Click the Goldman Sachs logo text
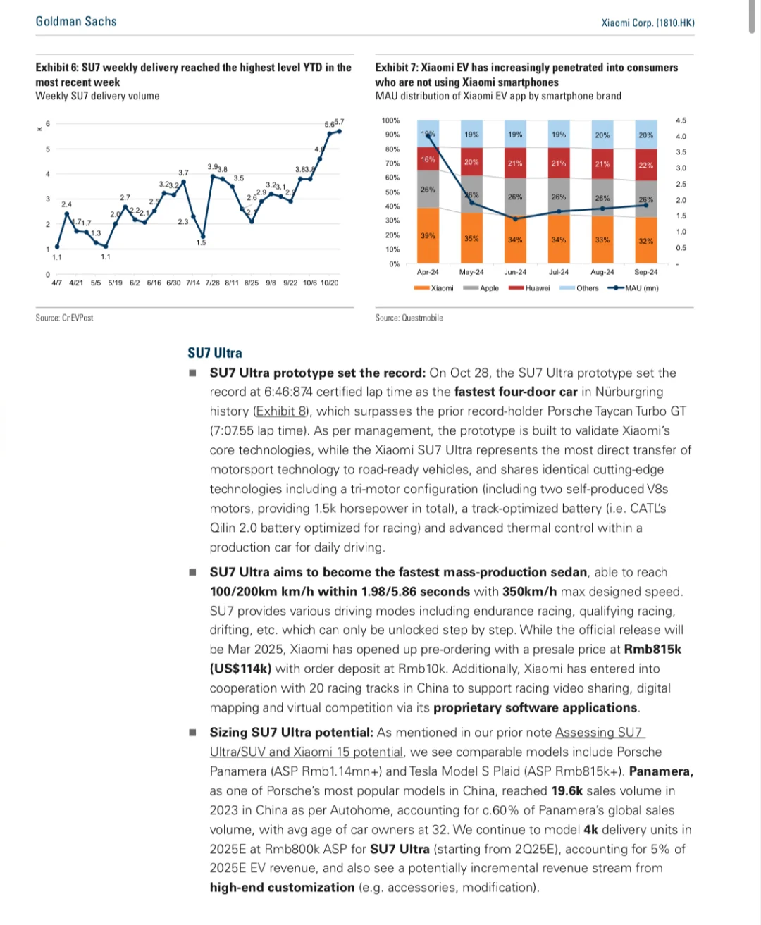tap(76, 22)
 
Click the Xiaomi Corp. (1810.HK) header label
tap(648, 23)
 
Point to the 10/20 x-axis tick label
tap(329, 283)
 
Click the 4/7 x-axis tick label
tap(56, 283)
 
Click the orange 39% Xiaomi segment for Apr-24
tap(428, 236)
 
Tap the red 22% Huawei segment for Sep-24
tap(645, 166)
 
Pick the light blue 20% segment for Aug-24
tap(602, 135)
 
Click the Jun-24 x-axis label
tap(515, 272)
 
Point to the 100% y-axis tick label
tap(390, 120)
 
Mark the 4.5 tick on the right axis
tap(681, 120)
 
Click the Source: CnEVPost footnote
tap(65, 318)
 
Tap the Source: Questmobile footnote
tap(409, 318)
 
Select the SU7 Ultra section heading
tap(215, 353)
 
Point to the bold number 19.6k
tap(567, 791)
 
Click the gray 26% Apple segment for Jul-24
tap(559, 197)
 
